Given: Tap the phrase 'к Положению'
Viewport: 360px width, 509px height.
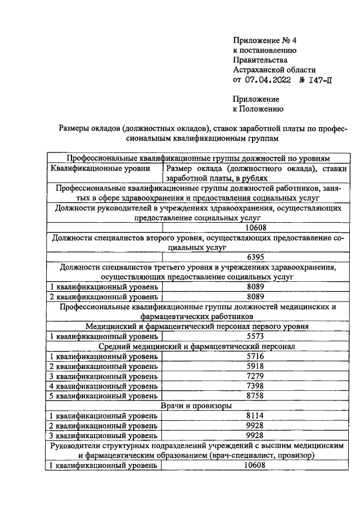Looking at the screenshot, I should [x=258, y=109].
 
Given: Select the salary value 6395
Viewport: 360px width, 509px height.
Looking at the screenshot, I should [x=256, y=256].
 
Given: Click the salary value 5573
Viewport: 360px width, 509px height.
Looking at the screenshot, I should [x=256, y=336].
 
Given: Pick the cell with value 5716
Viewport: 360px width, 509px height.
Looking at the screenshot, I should [x=256, y=356].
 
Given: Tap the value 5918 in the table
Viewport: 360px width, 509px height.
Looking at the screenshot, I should [x=256, y=366].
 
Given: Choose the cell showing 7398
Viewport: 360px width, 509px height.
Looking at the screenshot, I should [x=256, y=386].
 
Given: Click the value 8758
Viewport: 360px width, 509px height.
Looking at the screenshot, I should [x=256, y=396].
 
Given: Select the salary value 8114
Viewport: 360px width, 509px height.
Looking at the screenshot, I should [x=256, y=416].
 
